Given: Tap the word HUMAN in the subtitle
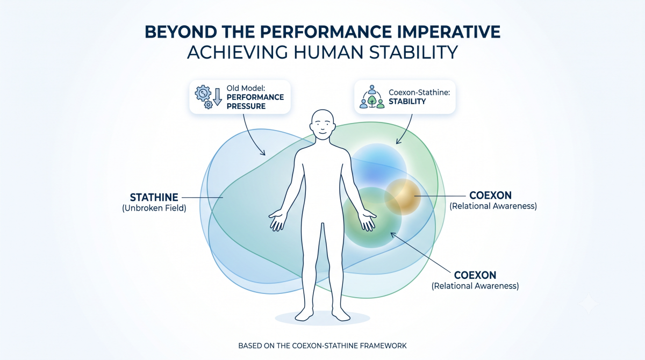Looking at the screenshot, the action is (x=328, y=52).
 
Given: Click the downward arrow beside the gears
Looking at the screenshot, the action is (x=218, y=97).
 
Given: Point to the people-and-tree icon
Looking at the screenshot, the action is (x=372, y=97).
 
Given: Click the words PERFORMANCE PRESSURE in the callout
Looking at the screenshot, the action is (x=255, y=102).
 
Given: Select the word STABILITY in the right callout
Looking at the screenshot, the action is (x=407, y=102).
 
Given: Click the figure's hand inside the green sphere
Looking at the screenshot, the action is (x=367, y=220).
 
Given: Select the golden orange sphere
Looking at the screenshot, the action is (x=403, y=197).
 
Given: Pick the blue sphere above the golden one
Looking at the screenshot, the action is (x=378, y=171).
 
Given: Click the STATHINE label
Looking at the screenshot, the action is (x=154, y=197).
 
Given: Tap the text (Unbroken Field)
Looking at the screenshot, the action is (x=154, y=208).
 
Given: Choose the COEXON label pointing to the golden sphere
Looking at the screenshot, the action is (x=490, y=196).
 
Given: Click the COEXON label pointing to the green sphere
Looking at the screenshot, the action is (x=475, y=275).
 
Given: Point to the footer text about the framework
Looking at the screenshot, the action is (x=322, y=345).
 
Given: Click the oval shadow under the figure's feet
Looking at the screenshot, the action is (x=322, y=318).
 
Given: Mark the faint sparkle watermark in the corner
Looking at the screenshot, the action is (x=589, y=304).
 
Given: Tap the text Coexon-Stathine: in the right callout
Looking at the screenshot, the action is (x=419, y=92).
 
